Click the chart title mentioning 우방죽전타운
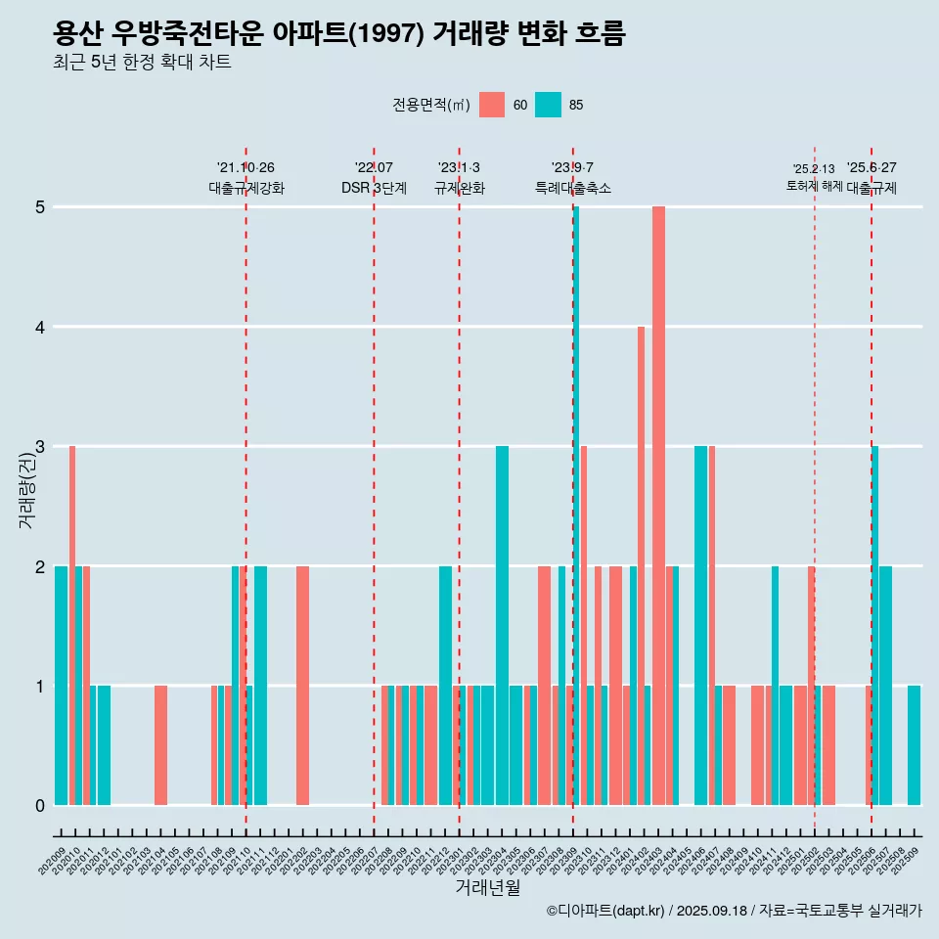[x=338, y=34]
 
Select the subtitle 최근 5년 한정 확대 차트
[x=142, y=64]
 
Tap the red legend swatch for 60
[x=492, y=105]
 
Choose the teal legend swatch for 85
[x=548, y=105]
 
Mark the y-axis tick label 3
[x=41, y=447]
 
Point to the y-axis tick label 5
[x=41, y=207]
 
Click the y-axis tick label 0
[x=41, y=806]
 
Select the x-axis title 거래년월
[x=487, y=887]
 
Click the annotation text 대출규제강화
[x=246, y=188]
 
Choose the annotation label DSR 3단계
[x=374, y=188]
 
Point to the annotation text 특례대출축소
[x=573, y=188]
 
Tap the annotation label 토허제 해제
[x=814, y=186]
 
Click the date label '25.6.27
[x=872, y=168]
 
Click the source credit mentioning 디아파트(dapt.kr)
[x=734, y=911]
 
